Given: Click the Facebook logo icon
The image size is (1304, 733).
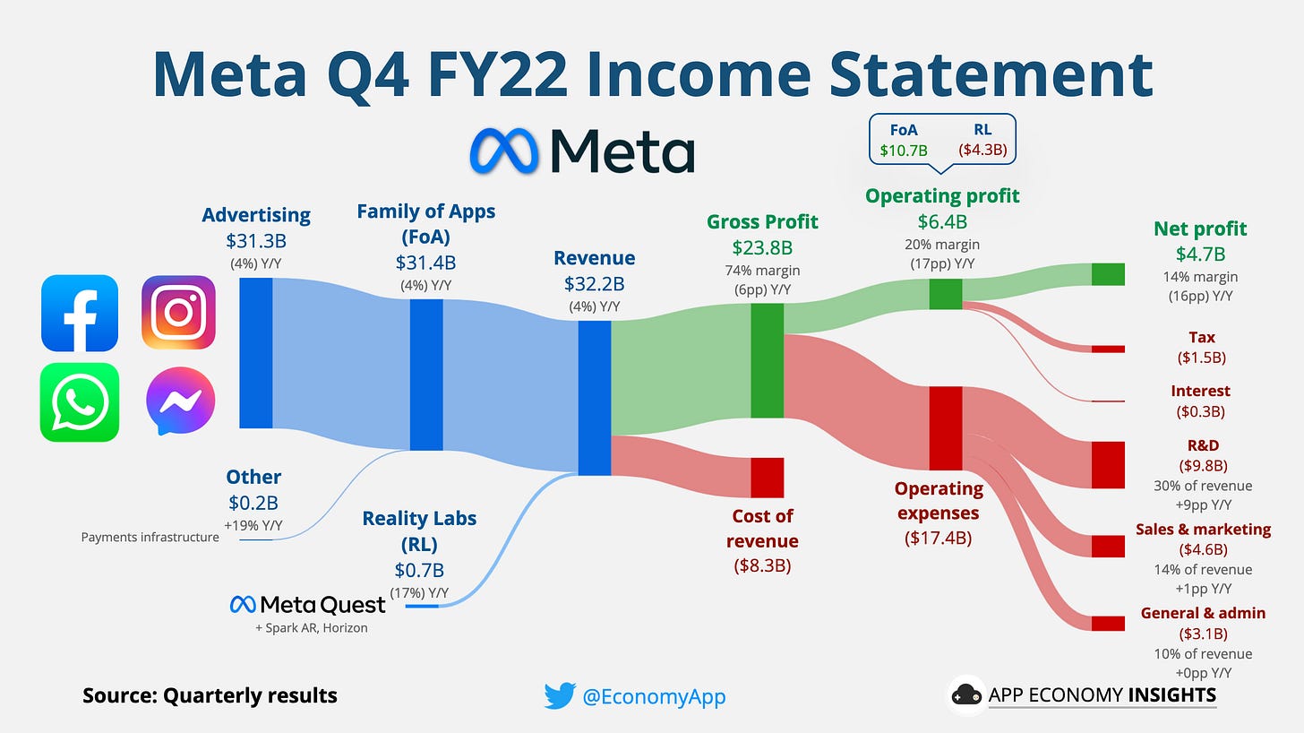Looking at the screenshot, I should (80, 313).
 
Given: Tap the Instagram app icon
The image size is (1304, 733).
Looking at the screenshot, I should (178, 313).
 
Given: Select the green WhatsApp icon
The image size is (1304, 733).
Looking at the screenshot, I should (80, 401).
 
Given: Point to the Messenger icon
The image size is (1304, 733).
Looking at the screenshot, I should (180, 401).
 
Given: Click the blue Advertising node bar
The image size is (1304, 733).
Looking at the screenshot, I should (256, 353).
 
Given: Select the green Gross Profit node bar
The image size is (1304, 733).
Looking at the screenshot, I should (767, 360).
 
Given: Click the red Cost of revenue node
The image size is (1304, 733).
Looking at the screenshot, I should (767, 477).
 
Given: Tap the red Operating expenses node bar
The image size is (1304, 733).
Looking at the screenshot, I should (945, 427).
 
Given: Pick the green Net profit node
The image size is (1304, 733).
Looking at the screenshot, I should (1107, 274).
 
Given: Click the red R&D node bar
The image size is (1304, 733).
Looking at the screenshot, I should (1107, 464).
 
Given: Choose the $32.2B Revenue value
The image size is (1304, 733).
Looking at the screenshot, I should (594, 284).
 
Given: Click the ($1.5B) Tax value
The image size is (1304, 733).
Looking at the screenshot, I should (1202, 358).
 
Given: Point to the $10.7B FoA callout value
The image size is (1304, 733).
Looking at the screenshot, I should (904, 151).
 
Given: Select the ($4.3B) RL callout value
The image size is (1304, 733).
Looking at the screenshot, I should (982, 151).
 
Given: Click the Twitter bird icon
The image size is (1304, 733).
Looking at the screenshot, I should (559, 695).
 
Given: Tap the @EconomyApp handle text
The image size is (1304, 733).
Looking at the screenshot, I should (653, 696).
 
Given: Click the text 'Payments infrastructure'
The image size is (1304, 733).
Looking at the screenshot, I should (150, 538).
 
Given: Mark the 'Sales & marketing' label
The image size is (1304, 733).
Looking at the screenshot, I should (1203, 529).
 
